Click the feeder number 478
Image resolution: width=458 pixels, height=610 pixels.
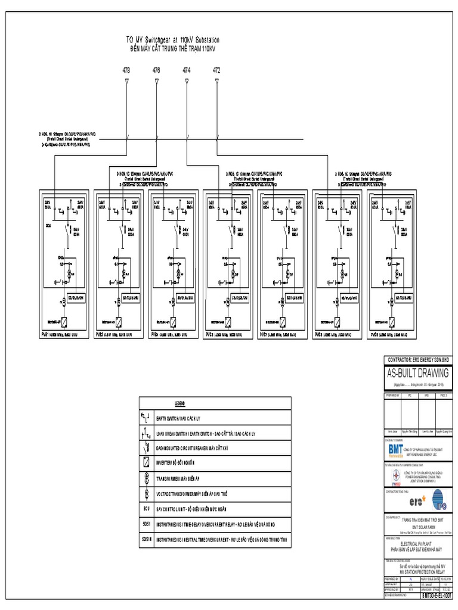coord(126,70)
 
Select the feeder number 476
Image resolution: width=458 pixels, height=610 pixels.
coord(156,70)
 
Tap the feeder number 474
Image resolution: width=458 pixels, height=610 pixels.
coord(187,70)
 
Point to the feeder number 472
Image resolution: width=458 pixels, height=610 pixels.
coord(216,70)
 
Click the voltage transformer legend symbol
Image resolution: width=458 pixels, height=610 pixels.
coord(146,493)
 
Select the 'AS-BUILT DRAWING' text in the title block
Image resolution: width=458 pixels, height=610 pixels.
coord(419,374)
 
